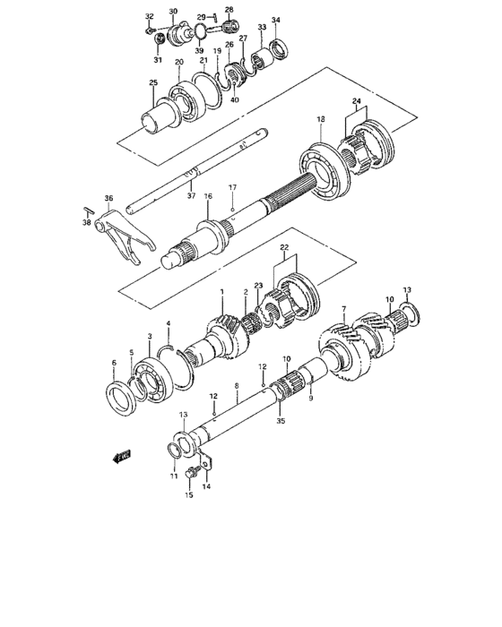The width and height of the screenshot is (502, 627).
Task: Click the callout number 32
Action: [149, 17]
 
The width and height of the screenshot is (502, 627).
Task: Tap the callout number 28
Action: [229, 10]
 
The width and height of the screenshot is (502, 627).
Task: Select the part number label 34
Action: [275, 21]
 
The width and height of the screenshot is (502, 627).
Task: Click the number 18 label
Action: [320, 120]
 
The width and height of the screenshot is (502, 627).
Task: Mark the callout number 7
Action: [343, 310]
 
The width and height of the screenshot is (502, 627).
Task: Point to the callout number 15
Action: [189, 495]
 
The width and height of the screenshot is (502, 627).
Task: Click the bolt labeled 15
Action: [191, 472]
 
